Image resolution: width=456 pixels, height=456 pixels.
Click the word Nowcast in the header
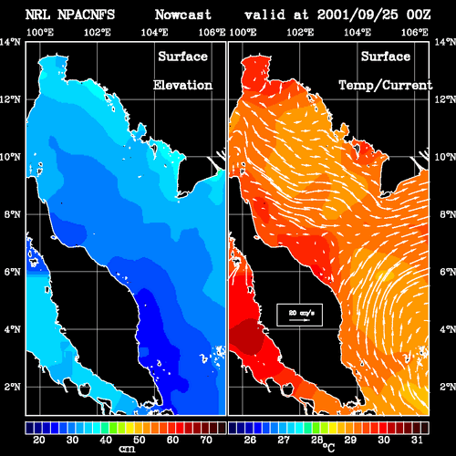pyautogui.click(x=183, y=15)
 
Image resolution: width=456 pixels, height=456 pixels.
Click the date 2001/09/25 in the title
pyautogui.click(x=358, y=15)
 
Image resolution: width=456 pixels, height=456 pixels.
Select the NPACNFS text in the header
pyautogui.click(x=86, y=15)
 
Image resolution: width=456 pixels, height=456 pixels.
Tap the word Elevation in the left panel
pyautogui.click(x=182, y=85)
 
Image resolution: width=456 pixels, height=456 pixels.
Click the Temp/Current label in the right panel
pyautogui.click(x=386, y=85)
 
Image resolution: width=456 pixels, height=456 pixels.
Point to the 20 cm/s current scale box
pyautogui.click(x=299, y=315)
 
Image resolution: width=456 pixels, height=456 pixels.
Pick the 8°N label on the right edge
pyautogui.click(x=448, y=214)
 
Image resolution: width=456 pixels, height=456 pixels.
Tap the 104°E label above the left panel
pyautogui.click(x=154, y=32)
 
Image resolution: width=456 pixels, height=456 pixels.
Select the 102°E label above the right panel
pyautogui.click(x=300, y=32)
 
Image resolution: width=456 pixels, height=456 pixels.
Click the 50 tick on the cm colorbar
pyautogui.click(x=140, y=440)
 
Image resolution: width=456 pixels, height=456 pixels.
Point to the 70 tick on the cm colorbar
pyautogui.click(x=206, y=440)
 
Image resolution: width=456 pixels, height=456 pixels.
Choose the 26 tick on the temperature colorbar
pyautogui.click(x=250, y=440)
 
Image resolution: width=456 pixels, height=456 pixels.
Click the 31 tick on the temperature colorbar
pyautogui.click(x=417, y=440)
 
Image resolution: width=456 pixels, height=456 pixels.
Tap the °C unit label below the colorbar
pyautogui.click(x=328, y=447)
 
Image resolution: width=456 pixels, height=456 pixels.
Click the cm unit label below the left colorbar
pyautogui.click(x=127, y=449)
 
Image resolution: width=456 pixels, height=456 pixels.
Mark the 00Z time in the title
pyautogui.click(x=419, y=15)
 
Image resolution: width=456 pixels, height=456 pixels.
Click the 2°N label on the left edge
pyautogui.click(x=13, y=387)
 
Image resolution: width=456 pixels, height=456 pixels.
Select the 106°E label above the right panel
pyautogui.click(x=415, y=32)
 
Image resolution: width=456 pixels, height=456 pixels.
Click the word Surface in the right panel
pyautogui.click(x=386, y=57)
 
